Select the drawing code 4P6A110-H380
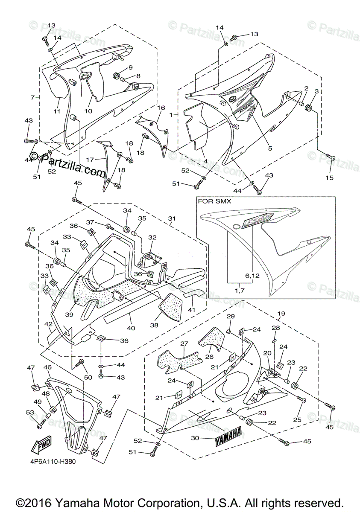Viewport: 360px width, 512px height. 53,462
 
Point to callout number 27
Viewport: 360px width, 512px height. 184,343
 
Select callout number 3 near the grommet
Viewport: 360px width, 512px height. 317,91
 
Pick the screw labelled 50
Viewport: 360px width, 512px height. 79,363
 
